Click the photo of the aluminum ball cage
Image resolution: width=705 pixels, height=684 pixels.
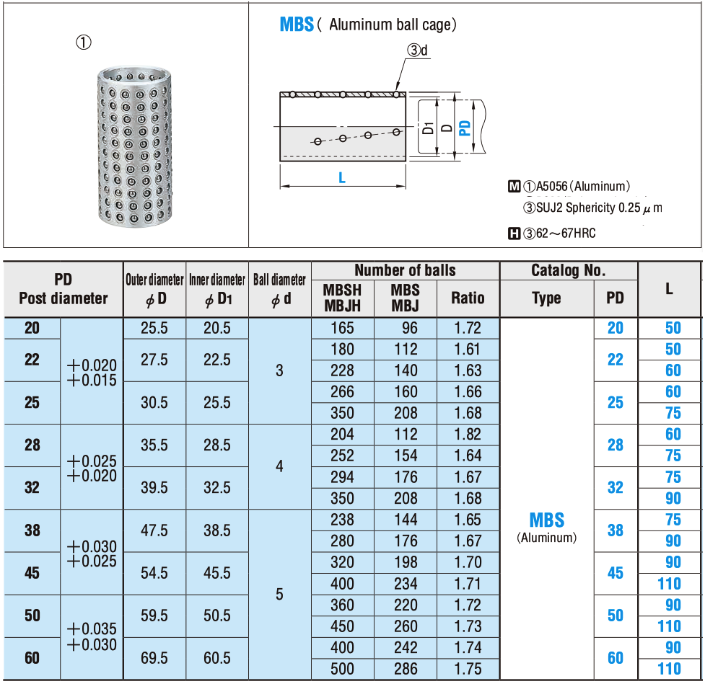[x=134, y=146]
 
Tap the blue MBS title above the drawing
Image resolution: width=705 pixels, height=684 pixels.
[x=297, y=25]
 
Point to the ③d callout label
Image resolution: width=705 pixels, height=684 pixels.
[x=417, y=50]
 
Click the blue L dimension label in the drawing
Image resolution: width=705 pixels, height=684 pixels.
[x=342, y=178]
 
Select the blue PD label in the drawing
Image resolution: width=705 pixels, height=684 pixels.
[x=465, y=128]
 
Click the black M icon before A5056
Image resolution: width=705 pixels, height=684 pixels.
[x=514, y=186]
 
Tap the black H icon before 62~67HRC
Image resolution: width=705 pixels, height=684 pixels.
[x=514, y=234]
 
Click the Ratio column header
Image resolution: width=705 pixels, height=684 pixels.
[x=468, y=298]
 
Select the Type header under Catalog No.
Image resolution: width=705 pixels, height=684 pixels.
[x=546, y=298]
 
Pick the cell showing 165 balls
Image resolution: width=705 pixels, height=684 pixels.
[x=342, y=328]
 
